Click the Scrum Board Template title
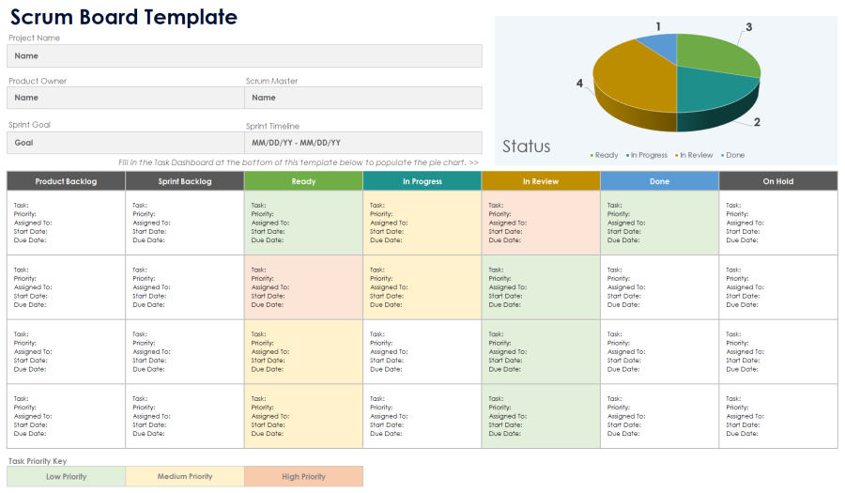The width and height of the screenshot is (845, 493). (124, 17)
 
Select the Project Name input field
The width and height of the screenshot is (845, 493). (244, 56)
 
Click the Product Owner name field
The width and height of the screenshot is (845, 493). (125, 98)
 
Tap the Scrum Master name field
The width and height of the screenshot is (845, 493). (363, 98)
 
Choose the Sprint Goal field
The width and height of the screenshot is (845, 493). (125, 143)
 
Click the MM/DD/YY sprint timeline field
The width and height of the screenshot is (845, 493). (363, 143)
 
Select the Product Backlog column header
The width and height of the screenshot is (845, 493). (66, 181)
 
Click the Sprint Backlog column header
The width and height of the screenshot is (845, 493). (185, 181)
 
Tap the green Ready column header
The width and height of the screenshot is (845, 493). (303, 181)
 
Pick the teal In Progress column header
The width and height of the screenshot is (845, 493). (422, 181)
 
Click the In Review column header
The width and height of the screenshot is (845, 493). (541, 181)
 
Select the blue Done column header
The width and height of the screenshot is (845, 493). (660, 181)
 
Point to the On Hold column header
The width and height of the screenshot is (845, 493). (778, 181)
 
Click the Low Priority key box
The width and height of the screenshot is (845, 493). (66, 477)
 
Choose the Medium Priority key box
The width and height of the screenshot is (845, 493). (185, 477)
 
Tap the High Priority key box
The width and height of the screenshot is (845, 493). (303, 477)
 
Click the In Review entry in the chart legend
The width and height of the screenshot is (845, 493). (696, 155)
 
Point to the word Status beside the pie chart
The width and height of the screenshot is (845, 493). (526, 146)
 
